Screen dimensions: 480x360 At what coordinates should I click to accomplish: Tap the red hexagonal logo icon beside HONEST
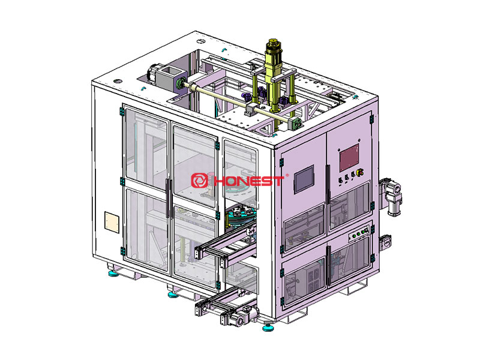point(199,181)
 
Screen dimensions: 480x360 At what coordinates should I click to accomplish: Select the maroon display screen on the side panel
point(349,158)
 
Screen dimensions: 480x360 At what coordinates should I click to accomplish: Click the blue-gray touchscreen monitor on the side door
point(304,179)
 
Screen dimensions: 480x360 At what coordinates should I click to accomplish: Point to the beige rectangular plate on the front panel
point(112,221)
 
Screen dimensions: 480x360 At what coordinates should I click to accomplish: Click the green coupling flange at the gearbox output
point(181,83)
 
